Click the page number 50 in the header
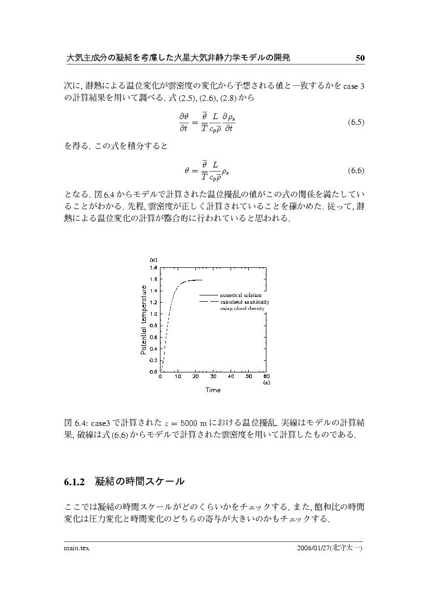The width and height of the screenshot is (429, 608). [x=360, y=58]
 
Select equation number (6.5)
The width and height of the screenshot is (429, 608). [x=356, y=123]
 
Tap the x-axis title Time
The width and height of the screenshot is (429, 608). [x=212, y=390]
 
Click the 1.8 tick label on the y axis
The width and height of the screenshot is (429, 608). [x=154, y=268]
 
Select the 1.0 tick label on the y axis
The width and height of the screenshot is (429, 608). [x=154, y=314]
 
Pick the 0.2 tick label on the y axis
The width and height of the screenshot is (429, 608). [x=154, y=360]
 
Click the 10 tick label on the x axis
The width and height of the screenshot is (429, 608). [x=178, y=377]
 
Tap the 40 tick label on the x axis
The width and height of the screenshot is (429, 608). [x=231, y=377]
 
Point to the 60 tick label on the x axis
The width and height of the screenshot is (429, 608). [x=266, y=377]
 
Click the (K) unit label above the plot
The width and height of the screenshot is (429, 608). [x=154, y=260]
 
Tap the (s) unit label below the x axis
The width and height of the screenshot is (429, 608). [x=266, y=382]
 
